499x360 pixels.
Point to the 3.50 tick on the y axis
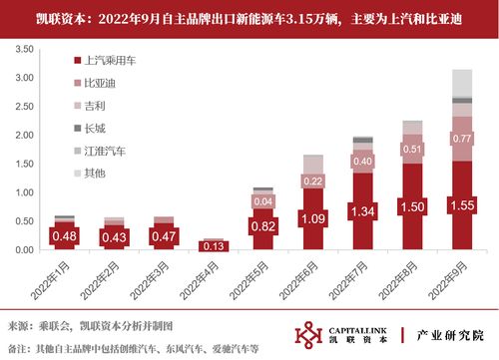pyautogui.click(x=23, y=47)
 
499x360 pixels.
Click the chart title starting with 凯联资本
pyautogui.click(x=249, y=16)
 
